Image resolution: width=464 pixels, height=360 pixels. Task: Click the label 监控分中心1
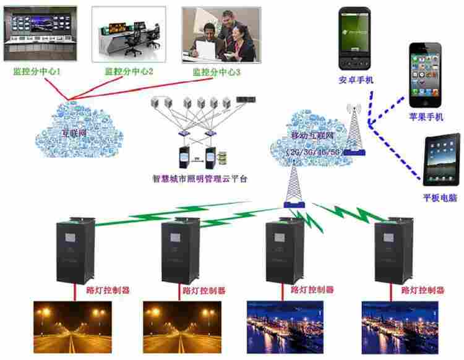pos(37,72)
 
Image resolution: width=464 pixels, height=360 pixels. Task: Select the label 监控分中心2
pos(129,72)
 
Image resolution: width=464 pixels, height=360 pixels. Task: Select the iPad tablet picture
pos(441,157)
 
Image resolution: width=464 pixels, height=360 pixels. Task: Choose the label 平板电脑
pos(440,198)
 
